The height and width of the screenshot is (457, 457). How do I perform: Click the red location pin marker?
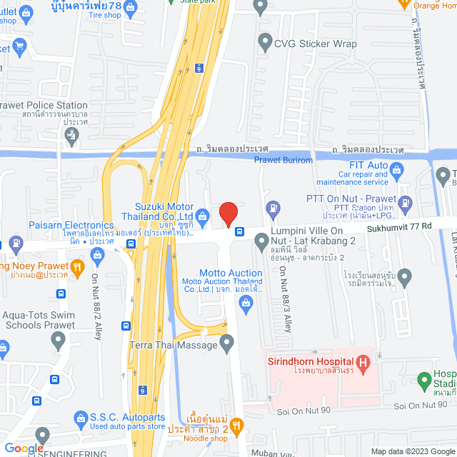coord(228,214)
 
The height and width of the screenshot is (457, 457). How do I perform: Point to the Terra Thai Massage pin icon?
coord(227,344)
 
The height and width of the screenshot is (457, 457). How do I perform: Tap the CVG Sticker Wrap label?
coord(316,44)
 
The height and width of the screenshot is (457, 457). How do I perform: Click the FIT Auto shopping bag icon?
coord(398,170)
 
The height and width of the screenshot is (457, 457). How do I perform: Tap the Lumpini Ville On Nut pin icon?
coord(259,244)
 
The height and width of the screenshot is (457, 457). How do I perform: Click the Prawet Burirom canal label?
coord(283,160)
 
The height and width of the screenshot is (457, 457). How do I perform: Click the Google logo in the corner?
coord(23,448)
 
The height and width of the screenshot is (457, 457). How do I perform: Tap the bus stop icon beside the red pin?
coord(239,231)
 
